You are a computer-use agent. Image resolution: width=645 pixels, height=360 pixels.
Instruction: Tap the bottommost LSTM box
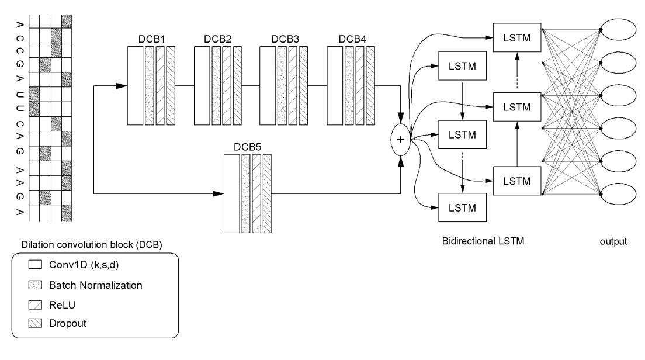(x=462, y=207)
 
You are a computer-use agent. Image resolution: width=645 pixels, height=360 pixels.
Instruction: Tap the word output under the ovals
(x=614, y=241)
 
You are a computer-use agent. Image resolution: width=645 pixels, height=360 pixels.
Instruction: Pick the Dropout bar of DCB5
(x=268, y=193)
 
